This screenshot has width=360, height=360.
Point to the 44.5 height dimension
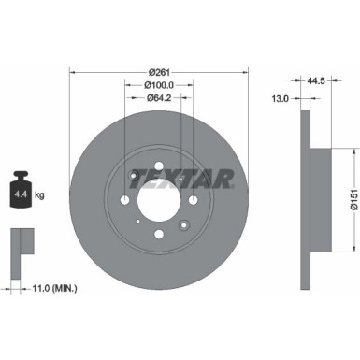coord(325,80)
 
